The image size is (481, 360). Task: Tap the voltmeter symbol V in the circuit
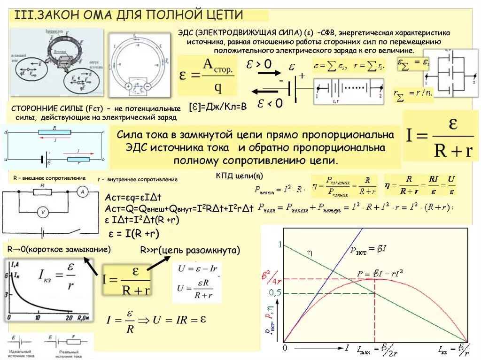(43, 213)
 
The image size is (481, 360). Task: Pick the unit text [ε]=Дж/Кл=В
(217, 107)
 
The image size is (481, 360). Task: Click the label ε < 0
(270, 103)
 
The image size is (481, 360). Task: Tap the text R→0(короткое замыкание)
(59, 249)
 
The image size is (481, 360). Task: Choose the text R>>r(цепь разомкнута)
(190, 250)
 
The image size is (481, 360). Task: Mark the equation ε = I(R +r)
(134, 233)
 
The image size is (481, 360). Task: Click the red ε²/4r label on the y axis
(272, 278)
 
